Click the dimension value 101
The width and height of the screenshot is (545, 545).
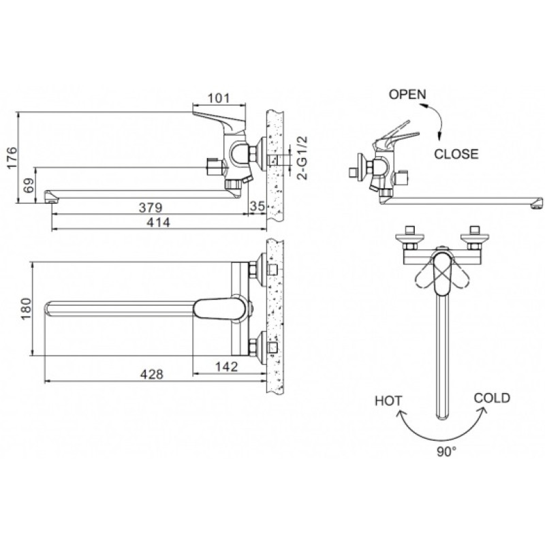pyautogui.click(x=219, y=98)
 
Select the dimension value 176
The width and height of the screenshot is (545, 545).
pyautogui.click(x=12, y=157)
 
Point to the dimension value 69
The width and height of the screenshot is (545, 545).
pyautogui.click(x=29, y=185)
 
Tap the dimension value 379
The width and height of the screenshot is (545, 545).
pyautogui.click(x=151, y=208)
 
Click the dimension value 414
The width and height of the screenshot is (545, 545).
pyautogui.click(x=158, y=222)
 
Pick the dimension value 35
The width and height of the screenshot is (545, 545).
pyautogui.click(x=258, y=206)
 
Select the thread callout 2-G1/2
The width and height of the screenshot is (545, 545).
pyautogui.click(x=302, y=157)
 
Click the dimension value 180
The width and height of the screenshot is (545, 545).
pyautogui.click(x=27, y=309)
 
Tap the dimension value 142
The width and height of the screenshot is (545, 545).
pyautogui.click(x=226, y=367)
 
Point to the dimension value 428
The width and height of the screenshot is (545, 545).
pyautogui.click(x=151, y=374)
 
